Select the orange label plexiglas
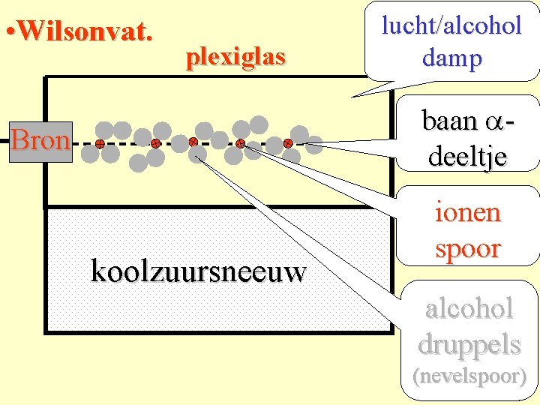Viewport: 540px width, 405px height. pos(235,56)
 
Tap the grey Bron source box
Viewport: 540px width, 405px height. pos(41,141)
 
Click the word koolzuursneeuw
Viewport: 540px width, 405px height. pos(198,271)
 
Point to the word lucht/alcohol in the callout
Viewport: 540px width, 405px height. pos(451,25)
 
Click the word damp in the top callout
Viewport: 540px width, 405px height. pos(451,58)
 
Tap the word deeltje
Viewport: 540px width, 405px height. pos(467,155)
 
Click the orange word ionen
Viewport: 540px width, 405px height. pos(467,213)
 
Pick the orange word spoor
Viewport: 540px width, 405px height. pos(467,248)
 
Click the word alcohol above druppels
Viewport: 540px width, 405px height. pos(469,308)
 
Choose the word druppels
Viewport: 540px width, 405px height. pos(469,343)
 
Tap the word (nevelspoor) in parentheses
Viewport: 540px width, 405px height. pos(469,376)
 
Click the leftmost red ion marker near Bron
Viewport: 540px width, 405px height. pos(99,142)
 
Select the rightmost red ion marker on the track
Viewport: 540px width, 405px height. pos(288,142)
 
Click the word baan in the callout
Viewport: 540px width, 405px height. pos(449,121)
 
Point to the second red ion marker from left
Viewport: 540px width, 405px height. pos(155,142)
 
